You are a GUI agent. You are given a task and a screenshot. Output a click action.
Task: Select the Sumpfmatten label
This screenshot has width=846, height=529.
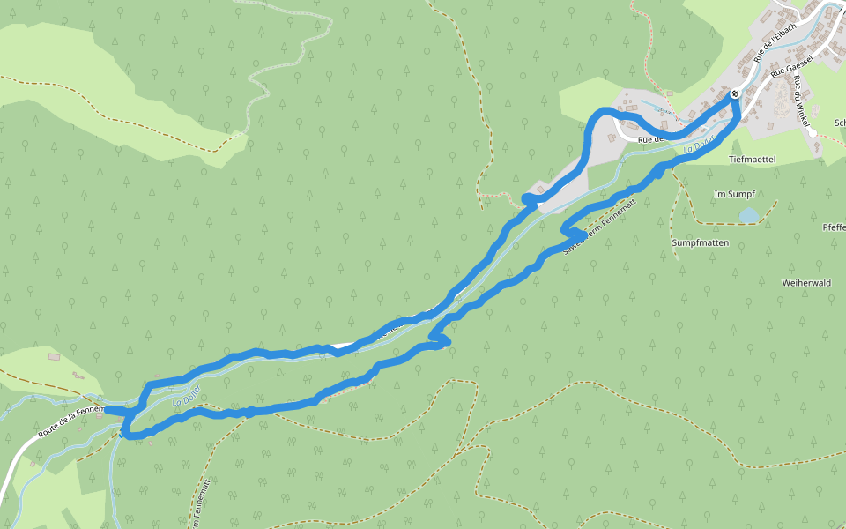700,242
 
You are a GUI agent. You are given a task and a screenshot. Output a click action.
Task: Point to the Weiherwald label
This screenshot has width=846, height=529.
806,283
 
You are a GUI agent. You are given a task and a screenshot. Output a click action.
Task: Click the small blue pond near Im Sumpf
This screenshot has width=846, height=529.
747,215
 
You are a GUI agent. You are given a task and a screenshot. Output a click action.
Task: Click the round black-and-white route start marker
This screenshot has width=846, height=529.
735,93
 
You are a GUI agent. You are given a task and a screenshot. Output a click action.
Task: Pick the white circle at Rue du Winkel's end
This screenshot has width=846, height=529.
813,132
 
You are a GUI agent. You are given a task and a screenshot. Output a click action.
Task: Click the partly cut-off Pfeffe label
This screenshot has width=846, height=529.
834,228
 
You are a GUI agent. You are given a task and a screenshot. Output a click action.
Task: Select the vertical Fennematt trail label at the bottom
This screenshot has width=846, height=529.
197,503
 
